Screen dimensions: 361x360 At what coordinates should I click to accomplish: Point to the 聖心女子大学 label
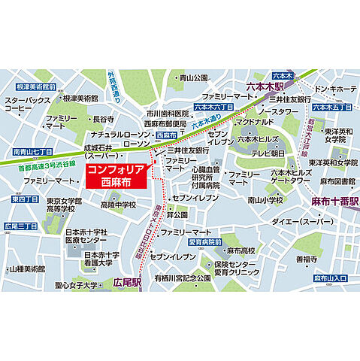click(66, 285)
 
